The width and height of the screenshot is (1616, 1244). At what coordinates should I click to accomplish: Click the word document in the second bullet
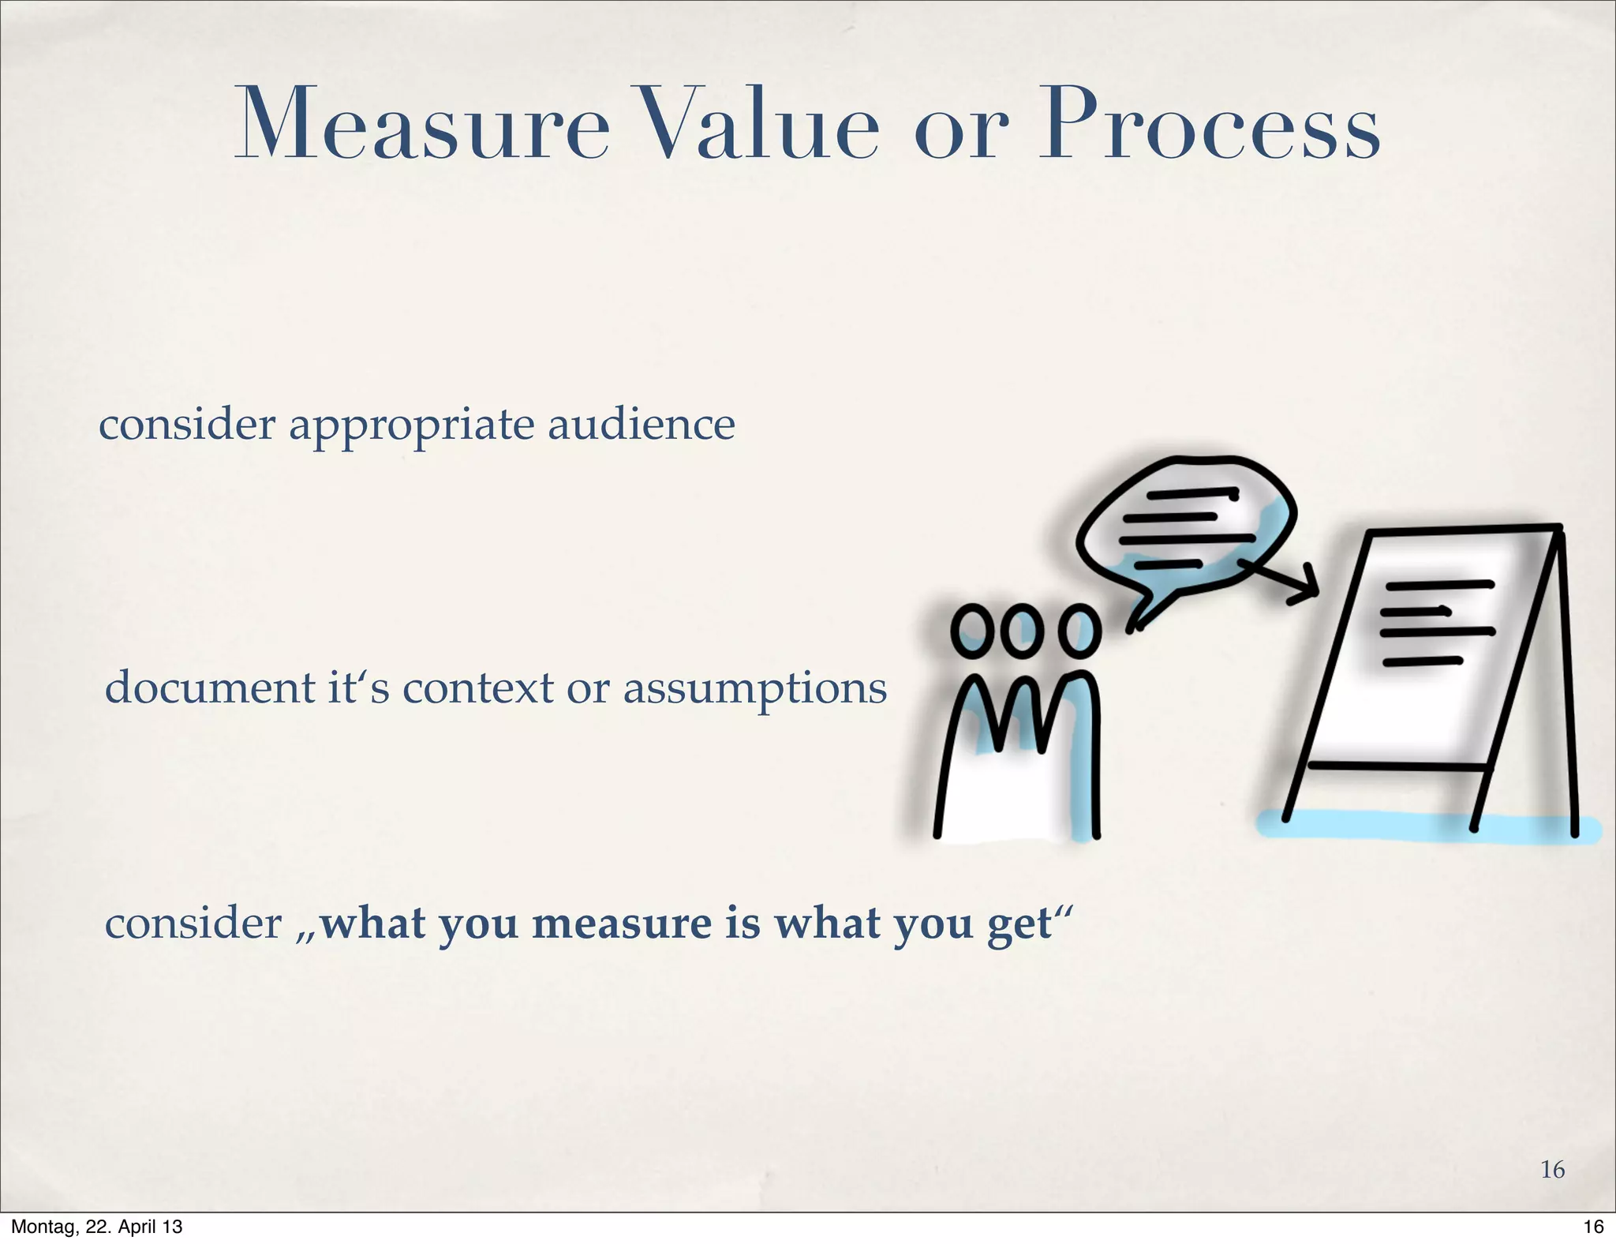(x=209, y=688)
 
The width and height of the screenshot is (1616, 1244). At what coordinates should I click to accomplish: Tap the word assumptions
(x=755, y=689)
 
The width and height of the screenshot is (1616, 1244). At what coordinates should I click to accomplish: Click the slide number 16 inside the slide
(x=1552, y=1169)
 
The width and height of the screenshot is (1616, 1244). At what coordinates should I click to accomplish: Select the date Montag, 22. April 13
(x=96, y=1227)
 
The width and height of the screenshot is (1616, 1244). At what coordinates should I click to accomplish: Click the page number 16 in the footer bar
(x=1593, y=1227)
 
